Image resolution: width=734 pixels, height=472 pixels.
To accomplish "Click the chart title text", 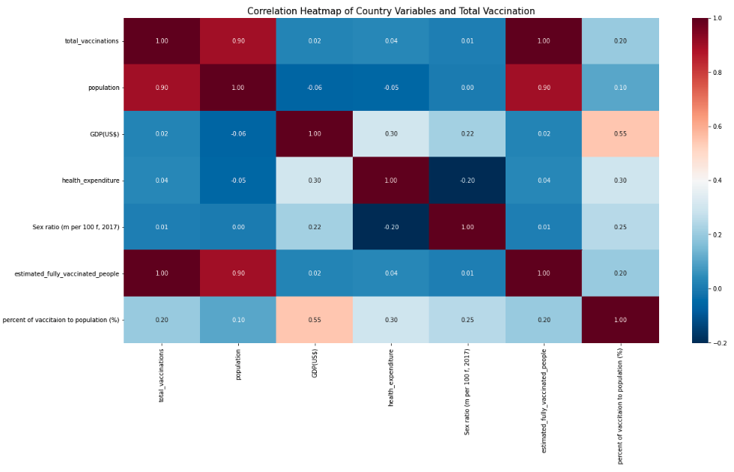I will [391, 11].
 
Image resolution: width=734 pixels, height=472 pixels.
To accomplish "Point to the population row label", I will [103, 87].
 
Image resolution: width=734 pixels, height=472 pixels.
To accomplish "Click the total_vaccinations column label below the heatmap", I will [162, 375].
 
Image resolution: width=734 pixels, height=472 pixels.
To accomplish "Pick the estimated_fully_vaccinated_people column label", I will [545, 400].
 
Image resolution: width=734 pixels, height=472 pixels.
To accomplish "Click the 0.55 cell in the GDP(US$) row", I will [620, 133].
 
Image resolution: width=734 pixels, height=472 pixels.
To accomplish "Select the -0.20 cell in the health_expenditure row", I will [467, 181].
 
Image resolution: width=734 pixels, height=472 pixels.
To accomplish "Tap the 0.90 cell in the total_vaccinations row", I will [238, 40].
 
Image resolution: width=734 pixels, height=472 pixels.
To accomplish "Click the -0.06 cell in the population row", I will [315, 87].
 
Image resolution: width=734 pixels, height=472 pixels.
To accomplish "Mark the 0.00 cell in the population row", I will [467, 87].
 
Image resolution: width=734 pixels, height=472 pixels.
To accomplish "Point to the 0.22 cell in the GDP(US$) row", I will [467, 133].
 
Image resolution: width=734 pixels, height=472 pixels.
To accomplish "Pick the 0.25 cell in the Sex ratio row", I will [620, 227].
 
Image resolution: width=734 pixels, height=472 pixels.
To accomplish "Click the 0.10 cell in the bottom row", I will [238, 320].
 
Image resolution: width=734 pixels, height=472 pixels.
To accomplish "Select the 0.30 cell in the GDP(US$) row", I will [391, 133].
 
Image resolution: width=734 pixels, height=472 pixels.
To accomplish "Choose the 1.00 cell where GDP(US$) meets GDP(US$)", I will [315, 133].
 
